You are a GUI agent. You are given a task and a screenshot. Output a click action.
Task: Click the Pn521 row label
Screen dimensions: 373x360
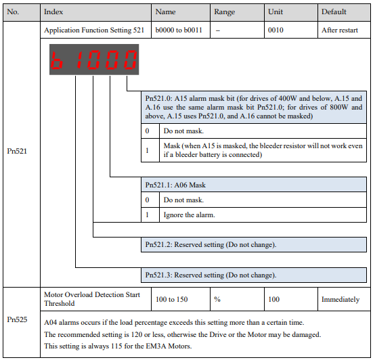(x=17, y=151)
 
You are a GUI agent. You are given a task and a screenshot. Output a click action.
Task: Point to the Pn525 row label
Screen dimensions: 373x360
(x=17, y=319)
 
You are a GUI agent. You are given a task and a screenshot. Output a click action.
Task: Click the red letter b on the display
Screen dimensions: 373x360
(x=57, y=60)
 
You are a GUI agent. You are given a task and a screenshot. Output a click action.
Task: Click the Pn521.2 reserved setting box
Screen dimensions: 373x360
(x=254, y=245)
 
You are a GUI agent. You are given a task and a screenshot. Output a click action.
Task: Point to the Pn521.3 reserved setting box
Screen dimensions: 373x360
(x=254, y=275)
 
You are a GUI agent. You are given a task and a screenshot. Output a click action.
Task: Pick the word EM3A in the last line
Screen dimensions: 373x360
(x=156, y=346)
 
